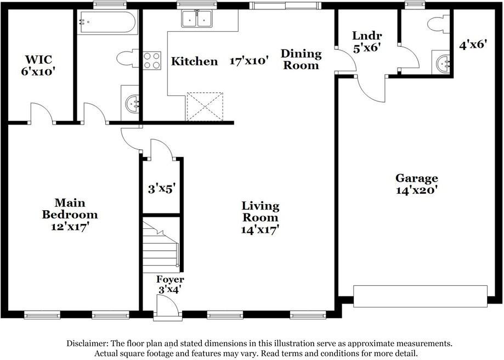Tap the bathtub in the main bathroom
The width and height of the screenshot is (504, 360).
[x=107, y=22]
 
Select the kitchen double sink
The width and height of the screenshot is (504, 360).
[x=197, y=18]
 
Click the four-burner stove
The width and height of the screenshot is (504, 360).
[x=152, y=60]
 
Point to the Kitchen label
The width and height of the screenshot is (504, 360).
[x=194, y=61]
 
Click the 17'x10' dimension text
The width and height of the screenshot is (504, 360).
[x=249, y=60]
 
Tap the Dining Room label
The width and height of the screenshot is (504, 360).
[x=301, y=59]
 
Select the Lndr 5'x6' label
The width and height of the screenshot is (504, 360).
[x=367, y=42]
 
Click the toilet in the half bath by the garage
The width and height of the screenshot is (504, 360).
[x=438, y=24]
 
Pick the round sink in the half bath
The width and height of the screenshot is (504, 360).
[x=443, y=64]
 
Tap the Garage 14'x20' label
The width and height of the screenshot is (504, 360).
[x=417, y=184]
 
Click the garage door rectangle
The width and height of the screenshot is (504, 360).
[x=421, y=296]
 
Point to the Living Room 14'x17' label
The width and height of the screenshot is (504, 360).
[x=260, y=218]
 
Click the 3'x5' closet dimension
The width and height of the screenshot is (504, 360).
[x=161, y=189]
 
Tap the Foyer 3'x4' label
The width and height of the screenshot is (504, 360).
[x=170, y=284]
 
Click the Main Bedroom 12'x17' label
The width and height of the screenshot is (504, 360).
[x=70, y=215]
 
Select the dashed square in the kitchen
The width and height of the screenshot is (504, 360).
[x=205, y=106]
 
